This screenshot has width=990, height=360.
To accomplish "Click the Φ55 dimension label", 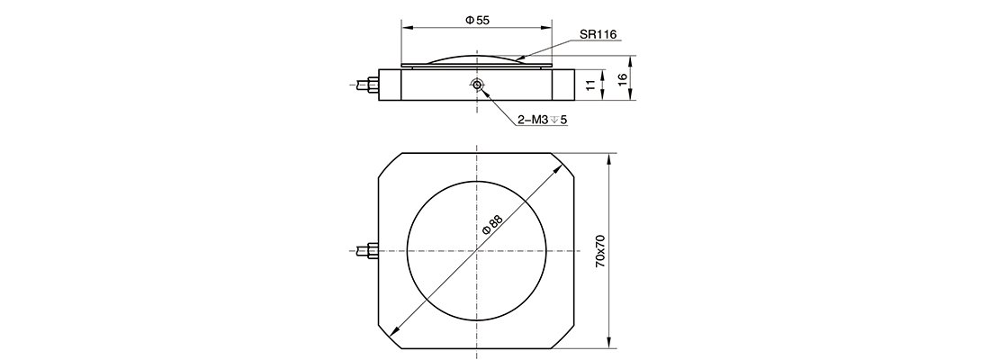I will tap(477, 19).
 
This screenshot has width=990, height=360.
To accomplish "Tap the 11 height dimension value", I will tap(589, 85).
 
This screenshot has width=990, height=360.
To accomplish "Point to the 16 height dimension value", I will tap(621, 79).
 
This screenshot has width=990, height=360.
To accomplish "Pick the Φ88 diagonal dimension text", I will tap(492, 226).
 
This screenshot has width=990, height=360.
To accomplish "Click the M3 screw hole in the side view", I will tap(477, 85).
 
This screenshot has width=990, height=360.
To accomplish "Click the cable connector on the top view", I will tap(368, 249).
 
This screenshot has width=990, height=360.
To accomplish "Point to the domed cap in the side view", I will tap(475, 58).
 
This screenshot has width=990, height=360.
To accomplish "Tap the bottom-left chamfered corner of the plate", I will tap(389, 337).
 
